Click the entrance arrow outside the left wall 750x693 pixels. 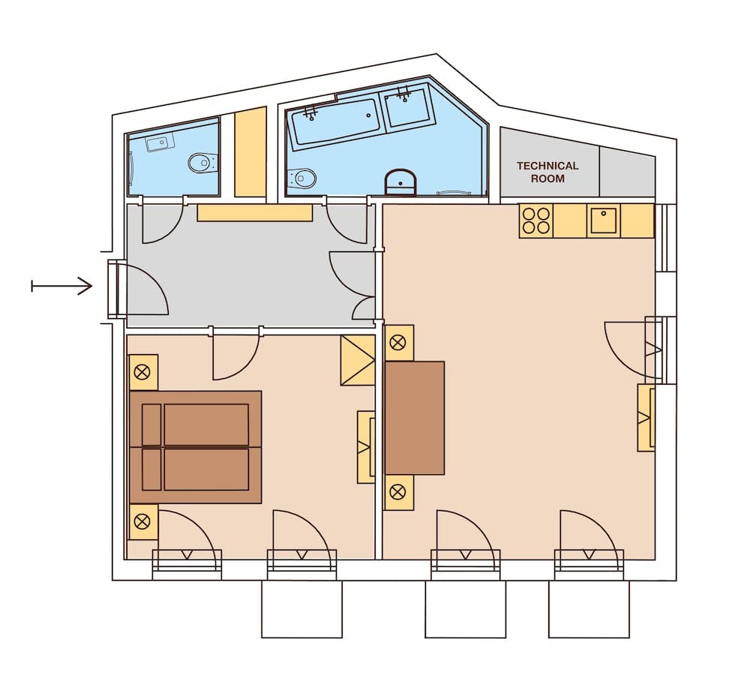[61, 286]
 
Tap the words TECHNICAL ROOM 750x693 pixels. [547, 172]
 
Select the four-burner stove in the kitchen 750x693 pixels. [535, 220]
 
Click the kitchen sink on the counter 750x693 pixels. [603, 220]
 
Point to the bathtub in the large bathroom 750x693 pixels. [335, 122]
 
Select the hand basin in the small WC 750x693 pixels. [159, 142]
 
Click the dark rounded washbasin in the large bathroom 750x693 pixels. [400, 182]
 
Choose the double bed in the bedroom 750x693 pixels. [196, 447]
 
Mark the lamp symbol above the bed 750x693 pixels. [142, 372]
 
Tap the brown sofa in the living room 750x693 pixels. [415, 418]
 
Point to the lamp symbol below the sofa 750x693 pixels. [398, 493]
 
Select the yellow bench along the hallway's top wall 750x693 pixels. [254, 212]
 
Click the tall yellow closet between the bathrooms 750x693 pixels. [250, 152]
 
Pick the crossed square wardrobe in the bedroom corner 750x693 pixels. [358, 360]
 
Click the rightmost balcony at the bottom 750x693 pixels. [589, 608]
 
